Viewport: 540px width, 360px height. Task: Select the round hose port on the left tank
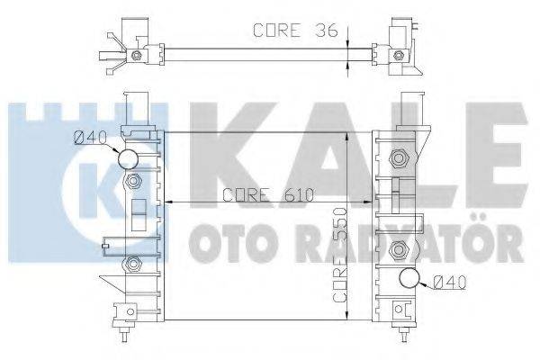tap(130, 160)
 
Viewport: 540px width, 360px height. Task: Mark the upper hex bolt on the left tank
tap(134, 183)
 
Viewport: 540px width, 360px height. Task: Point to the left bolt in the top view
tap(137, 56)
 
